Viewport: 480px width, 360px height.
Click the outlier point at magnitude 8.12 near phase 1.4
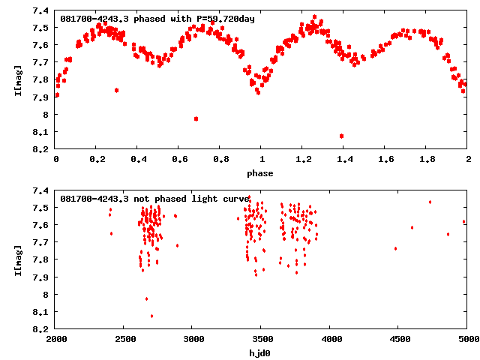[341, 136]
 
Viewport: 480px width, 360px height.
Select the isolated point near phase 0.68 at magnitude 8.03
[196, 118]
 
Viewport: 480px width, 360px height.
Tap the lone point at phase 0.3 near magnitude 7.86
[116, 90]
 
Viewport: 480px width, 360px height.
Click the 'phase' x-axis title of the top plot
[262, 173]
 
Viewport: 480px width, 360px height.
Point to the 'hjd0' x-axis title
[262, 352]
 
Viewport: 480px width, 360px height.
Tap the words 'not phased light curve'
[191, 198]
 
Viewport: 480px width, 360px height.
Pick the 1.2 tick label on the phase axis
[303, 160]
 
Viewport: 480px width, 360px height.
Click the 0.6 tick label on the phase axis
[179, 160]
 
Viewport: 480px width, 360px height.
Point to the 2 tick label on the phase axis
[468, 160]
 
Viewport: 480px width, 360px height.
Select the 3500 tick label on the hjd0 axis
[262, 339]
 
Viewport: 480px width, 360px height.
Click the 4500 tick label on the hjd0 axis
[399, 339]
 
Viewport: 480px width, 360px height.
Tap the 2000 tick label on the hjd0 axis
[56, 339]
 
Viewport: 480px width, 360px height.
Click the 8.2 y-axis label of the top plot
[42, 149]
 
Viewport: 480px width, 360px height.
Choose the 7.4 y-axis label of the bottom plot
[42, 190]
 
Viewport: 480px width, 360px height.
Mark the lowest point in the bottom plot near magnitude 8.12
[151, 316]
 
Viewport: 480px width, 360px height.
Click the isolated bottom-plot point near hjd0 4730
[430, 202]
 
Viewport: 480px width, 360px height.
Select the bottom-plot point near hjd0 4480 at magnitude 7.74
[395, 248]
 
